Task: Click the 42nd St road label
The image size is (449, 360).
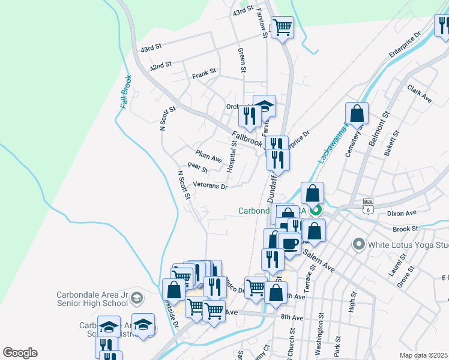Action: point(161,64)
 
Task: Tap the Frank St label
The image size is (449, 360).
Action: point(203,75)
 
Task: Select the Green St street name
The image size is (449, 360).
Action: point(243,61)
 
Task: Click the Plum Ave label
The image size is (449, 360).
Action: point(208,157)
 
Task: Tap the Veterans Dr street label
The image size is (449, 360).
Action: point(210,187)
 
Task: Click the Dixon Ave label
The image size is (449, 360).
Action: point(402,213)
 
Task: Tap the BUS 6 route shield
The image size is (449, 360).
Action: point(369,206)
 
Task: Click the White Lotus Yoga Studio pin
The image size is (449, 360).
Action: point(359,244)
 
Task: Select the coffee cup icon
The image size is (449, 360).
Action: point(289,244)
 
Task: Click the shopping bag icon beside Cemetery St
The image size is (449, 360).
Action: point(357,113)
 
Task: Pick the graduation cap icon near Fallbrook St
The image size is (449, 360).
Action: point(264,106)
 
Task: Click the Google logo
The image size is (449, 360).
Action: point(20,353)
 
